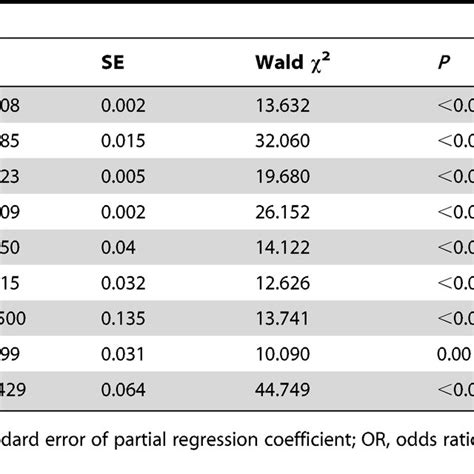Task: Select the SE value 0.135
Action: (120, 310)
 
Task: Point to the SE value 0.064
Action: (120, 380)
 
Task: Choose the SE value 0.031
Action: (120, 345)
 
